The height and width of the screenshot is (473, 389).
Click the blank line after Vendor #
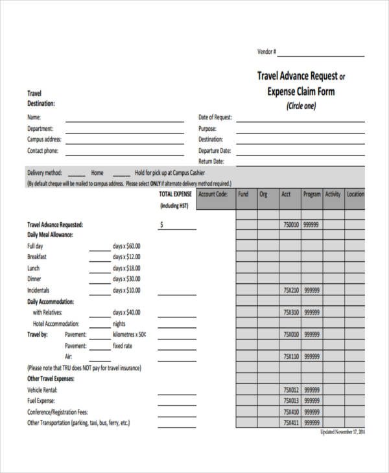321,55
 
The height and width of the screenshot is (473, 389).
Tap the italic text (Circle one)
301,106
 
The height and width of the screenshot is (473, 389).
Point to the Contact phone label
43,151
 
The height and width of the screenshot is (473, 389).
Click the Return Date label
211,161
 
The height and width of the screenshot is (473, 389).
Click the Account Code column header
213,194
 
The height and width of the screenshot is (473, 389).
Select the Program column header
312,194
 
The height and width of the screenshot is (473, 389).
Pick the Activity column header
333,194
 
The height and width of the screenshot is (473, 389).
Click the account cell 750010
290,225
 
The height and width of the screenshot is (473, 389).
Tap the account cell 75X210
290,290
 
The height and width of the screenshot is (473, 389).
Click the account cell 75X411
290,422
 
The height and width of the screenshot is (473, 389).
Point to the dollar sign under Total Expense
161,225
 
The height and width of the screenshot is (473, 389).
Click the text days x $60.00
126,246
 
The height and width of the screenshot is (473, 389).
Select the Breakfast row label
37,257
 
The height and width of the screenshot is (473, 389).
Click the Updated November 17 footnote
343,432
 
